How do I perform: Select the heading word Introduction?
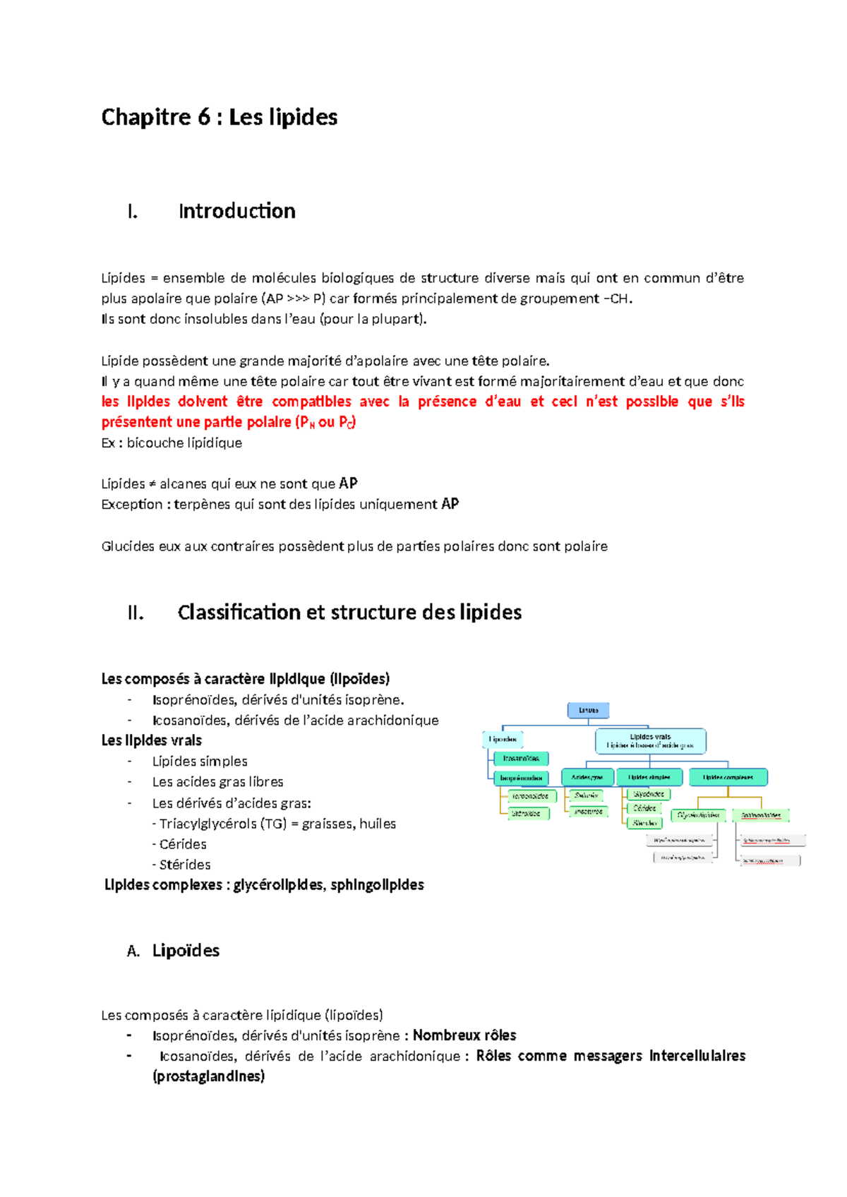click(236, 211)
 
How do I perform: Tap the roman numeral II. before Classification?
click(136, 613)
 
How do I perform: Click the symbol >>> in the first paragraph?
click(298, 299)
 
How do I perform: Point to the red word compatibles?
click(311, 402)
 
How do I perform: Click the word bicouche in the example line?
click(154, 443)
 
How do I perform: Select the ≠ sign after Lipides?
click(152, 484)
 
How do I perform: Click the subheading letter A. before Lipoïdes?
click(133, 951)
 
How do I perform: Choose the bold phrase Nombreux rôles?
click(464, 1035)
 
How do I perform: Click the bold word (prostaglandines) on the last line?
click(208, 1076)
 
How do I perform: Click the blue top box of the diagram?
click(588, 710)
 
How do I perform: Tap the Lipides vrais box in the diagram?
click(650, 741)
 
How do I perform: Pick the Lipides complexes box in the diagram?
click(728, 777)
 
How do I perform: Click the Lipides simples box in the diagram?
click(649, 777)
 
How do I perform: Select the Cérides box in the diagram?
click(644, 808)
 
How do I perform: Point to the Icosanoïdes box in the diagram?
click(521, 759)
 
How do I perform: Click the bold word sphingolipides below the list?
click(377, 885)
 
